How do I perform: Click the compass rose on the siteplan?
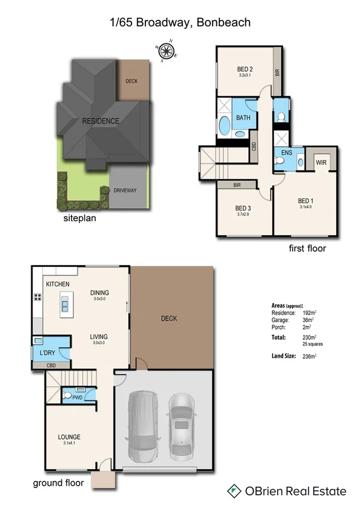pos(166,52)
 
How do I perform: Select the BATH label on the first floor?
pos(243,118)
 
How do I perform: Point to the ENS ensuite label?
pos(287,153)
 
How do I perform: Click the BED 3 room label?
pos(243,209)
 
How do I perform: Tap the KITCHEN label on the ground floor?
pos(58,284)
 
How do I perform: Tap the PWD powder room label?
pos(77,397)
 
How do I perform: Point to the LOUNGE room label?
pos(70,437)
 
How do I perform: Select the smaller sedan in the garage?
pos(181,420)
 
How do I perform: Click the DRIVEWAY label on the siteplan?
pos(126,191)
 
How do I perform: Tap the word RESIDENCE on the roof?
pos(100,121)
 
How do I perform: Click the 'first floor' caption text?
pos(307,248)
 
